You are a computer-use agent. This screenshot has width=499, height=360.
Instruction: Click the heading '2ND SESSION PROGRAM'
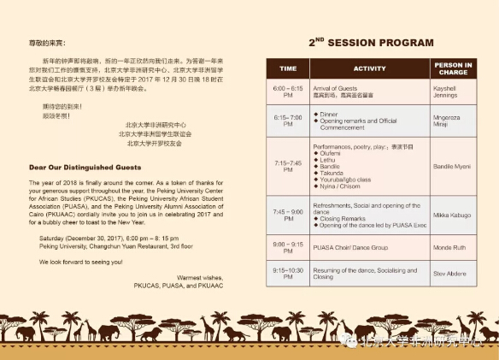370,43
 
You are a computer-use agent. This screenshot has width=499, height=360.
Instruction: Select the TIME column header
288,68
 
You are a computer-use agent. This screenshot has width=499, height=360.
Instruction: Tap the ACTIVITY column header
369,68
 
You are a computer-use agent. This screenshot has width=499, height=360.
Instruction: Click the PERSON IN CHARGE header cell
452,68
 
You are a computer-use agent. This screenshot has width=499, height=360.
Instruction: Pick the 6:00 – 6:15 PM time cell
288,91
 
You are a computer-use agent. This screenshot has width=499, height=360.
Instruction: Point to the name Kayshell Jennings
451,91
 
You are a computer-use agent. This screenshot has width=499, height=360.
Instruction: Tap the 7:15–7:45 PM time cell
288,165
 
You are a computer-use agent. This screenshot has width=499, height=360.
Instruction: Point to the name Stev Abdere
450,274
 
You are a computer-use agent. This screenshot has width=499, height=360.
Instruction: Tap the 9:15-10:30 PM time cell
288,274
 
